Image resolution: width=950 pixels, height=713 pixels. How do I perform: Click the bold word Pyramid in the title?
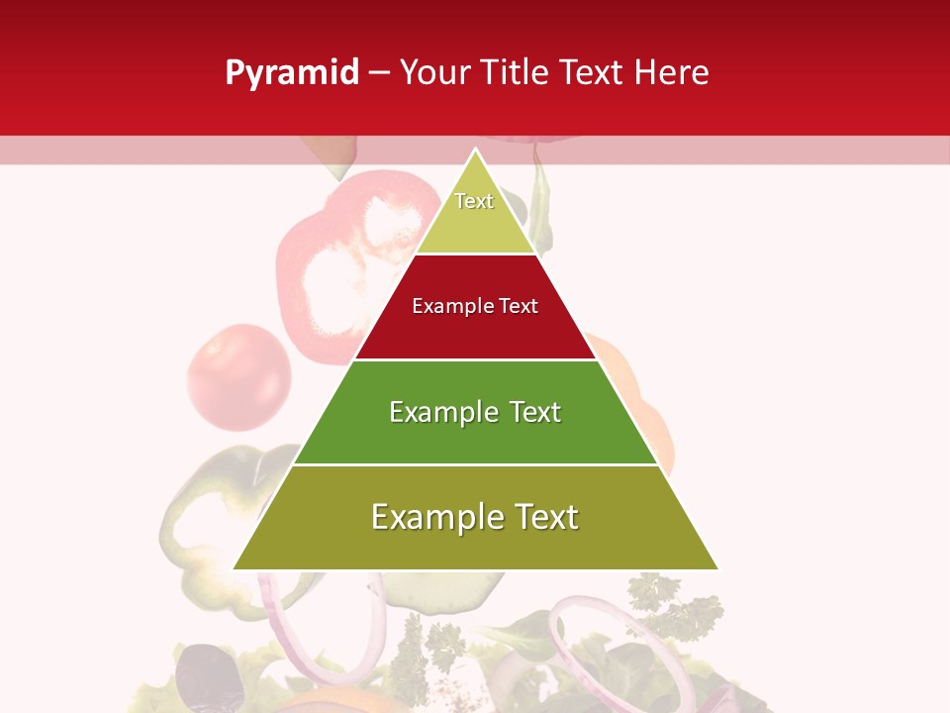click(x=291, y=73)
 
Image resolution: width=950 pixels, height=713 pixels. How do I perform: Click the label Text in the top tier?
click(x=474, y=201)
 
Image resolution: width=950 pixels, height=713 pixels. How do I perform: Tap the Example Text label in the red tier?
click(x=475, y=306)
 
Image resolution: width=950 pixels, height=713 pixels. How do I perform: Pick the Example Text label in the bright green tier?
click(x=475, y=412)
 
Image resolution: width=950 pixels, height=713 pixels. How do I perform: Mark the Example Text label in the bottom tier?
click(x=475, y=517)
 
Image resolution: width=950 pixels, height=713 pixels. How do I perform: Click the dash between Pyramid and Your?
click(x=379, y=73)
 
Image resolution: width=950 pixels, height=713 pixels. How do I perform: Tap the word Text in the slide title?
click(x=592, y=73)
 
